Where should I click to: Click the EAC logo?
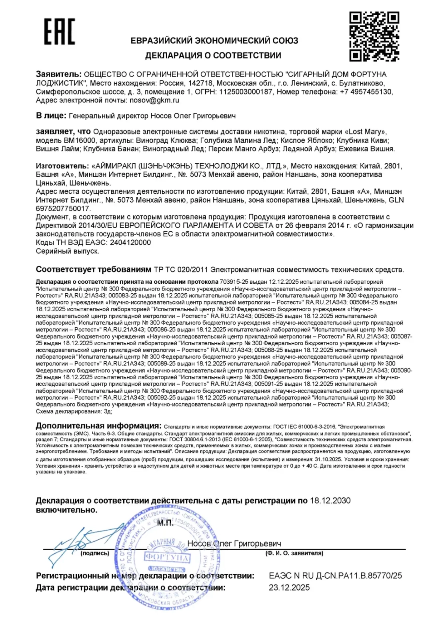(x=59, y=31)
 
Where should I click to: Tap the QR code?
(x=374, y=36)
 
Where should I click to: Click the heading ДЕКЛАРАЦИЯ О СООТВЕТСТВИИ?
(x=213, y=56)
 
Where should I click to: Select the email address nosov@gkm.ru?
(x=154, y=100)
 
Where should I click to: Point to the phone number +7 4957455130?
(x=366, y=92)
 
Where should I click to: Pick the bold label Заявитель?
(x=58, y=74)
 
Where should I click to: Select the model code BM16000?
(x=80, y=140)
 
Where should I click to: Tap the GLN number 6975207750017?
(x=63, y=208)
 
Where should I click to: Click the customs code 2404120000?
(x=130, y=242)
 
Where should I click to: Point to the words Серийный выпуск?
(x=67, y=251)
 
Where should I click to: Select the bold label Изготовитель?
(x=62, y=166)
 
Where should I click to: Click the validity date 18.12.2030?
(x=330, y=501)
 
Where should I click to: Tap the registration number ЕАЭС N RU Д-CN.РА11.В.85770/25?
(x=335, y=576)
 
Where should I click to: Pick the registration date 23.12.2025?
(x=289, y=587)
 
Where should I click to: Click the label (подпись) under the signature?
(x=95, y=553)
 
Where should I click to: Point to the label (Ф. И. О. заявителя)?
(x=294, y=553)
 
